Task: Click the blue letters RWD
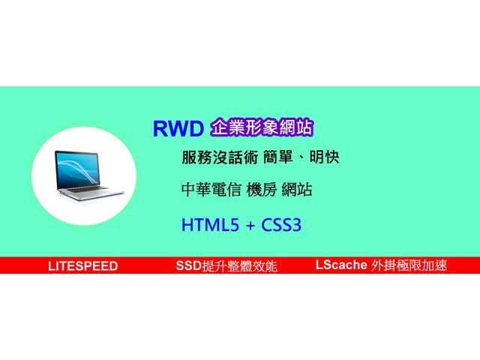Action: coord(178,128)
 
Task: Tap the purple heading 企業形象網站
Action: coord(262,127)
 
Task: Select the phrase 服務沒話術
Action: coord(220,157)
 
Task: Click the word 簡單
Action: coord(277,157)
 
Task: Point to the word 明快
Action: coord(324,157)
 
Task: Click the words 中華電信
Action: coord(211,190)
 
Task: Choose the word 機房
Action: coord(262,190)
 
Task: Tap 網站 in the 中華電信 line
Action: coord(297,190)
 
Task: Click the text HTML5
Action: coord(210,225)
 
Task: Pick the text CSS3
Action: coord(281,225)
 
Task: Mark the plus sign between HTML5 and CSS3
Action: coord(250,226)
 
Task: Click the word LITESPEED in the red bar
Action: coord(83,266)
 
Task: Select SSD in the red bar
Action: coord(189,265)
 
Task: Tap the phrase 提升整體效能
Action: coord(240,265)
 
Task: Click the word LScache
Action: coord(341,265)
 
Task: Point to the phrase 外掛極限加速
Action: coord(409,265)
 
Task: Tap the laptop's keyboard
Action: coord(87,189)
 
